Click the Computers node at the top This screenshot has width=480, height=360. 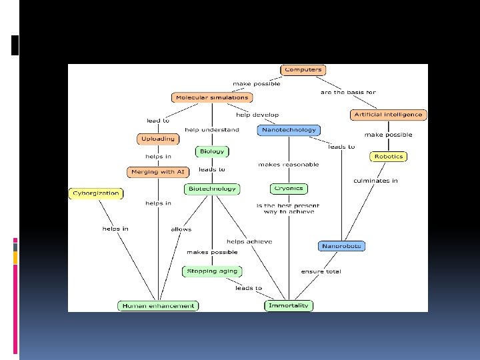[x=303, y=69]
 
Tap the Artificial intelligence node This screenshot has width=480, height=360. [x=388, y=114]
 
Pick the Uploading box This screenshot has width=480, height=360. [x=157, y=139]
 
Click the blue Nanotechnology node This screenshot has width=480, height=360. [x=288, y=130]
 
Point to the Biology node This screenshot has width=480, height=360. [x=212, y=151]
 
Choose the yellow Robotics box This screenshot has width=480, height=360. [x=388, y=157]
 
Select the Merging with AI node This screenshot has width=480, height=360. [x=157, y=171]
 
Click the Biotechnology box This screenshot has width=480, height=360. [x=212, y=189]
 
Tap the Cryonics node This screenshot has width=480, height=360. [x=289, y=189]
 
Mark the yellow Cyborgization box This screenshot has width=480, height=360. [x=95, y=193]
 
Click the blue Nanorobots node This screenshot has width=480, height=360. [x=341, y=246]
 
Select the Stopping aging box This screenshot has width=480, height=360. [x=211, y=271]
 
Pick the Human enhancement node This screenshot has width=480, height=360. [x=158, y=306]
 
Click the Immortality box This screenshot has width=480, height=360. [x=288, y=306]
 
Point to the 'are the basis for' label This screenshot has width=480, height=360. [x=348, y=92]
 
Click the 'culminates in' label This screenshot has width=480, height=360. [x=375, y=181]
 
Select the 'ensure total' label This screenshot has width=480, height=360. [x=321, y=271]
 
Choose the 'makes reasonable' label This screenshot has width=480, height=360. [x=289, y=164]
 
